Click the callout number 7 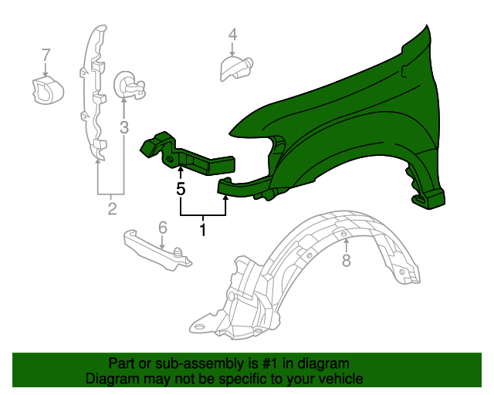(46, 55)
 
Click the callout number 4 (232, 34)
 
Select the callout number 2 (112, 209)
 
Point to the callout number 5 (181, 188)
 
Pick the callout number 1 (203, 229)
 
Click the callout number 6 (163, 227)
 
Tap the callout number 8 (346, 262)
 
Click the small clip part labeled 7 (46, 89)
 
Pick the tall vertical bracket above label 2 (93, 93)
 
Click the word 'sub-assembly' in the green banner (174, 363)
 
